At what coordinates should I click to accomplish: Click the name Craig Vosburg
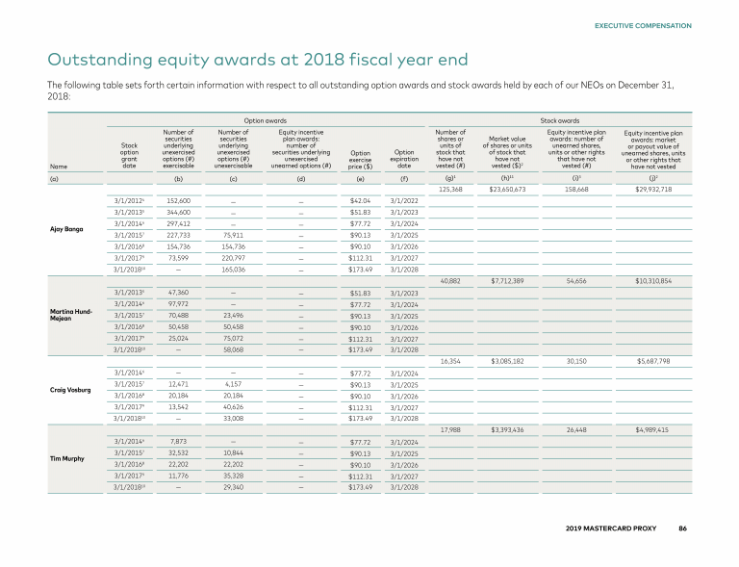[x=70, y=390]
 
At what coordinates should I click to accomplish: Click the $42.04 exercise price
[x=361, y=200]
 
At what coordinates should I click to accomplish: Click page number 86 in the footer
[x=682, y=529]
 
